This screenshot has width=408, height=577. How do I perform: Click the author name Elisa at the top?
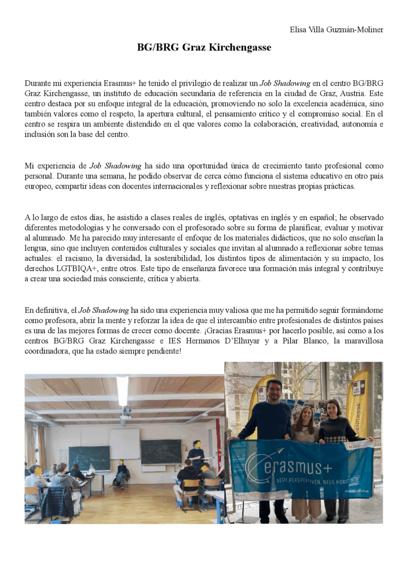point(298,29)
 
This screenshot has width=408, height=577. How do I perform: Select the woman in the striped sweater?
point(304,425)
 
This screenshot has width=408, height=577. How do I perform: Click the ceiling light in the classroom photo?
point(123,391)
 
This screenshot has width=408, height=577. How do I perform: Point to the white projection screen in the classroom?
point(124,444)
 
